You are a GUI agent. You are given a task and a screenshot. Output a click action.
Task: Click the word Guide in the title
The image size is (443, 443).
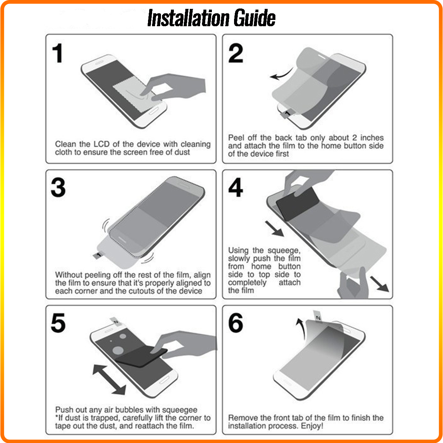pos(254,18)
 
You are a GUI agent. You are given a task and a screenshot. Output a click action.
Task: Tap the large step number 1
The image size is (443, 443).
pos(58,53)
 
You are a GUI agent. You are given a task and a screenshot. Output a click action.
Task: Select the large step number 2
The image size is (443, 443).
pos(236,53)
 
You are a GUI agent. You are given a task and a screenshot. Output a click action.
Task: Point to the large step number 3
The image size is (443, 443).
pos(58,188)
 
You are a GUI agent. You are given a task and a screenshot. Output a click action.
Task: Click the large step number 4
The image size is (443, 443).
pos(236,188)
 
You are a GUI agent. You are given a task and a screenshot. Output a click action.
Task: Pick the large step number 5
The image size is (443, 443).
pos(58,323)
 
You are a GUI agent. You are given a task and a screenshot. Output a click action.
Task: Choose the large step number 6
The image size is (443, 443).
pos(236,323)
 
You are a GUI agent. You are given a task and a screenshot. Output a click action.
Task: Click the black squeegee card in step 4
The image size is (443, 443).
pos(297,203)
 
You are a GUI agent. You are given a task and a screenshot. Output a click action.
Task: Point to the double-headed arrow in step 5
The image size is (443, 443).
pos(109,380)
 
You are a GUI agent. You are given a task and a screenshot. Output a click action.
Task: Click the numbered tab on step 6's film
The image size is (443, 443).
pos(318,316)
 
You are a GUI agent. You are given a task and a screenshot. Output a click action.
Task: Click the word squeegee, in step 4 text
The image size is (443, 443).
pos(284,250)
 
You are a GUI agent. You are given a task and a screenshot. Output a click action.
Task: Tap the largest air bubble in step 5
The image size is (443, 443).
pos(118,350)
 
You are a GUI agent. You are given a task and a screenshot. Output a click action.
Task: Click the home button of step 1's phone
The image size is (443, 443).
pos(154,111)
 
